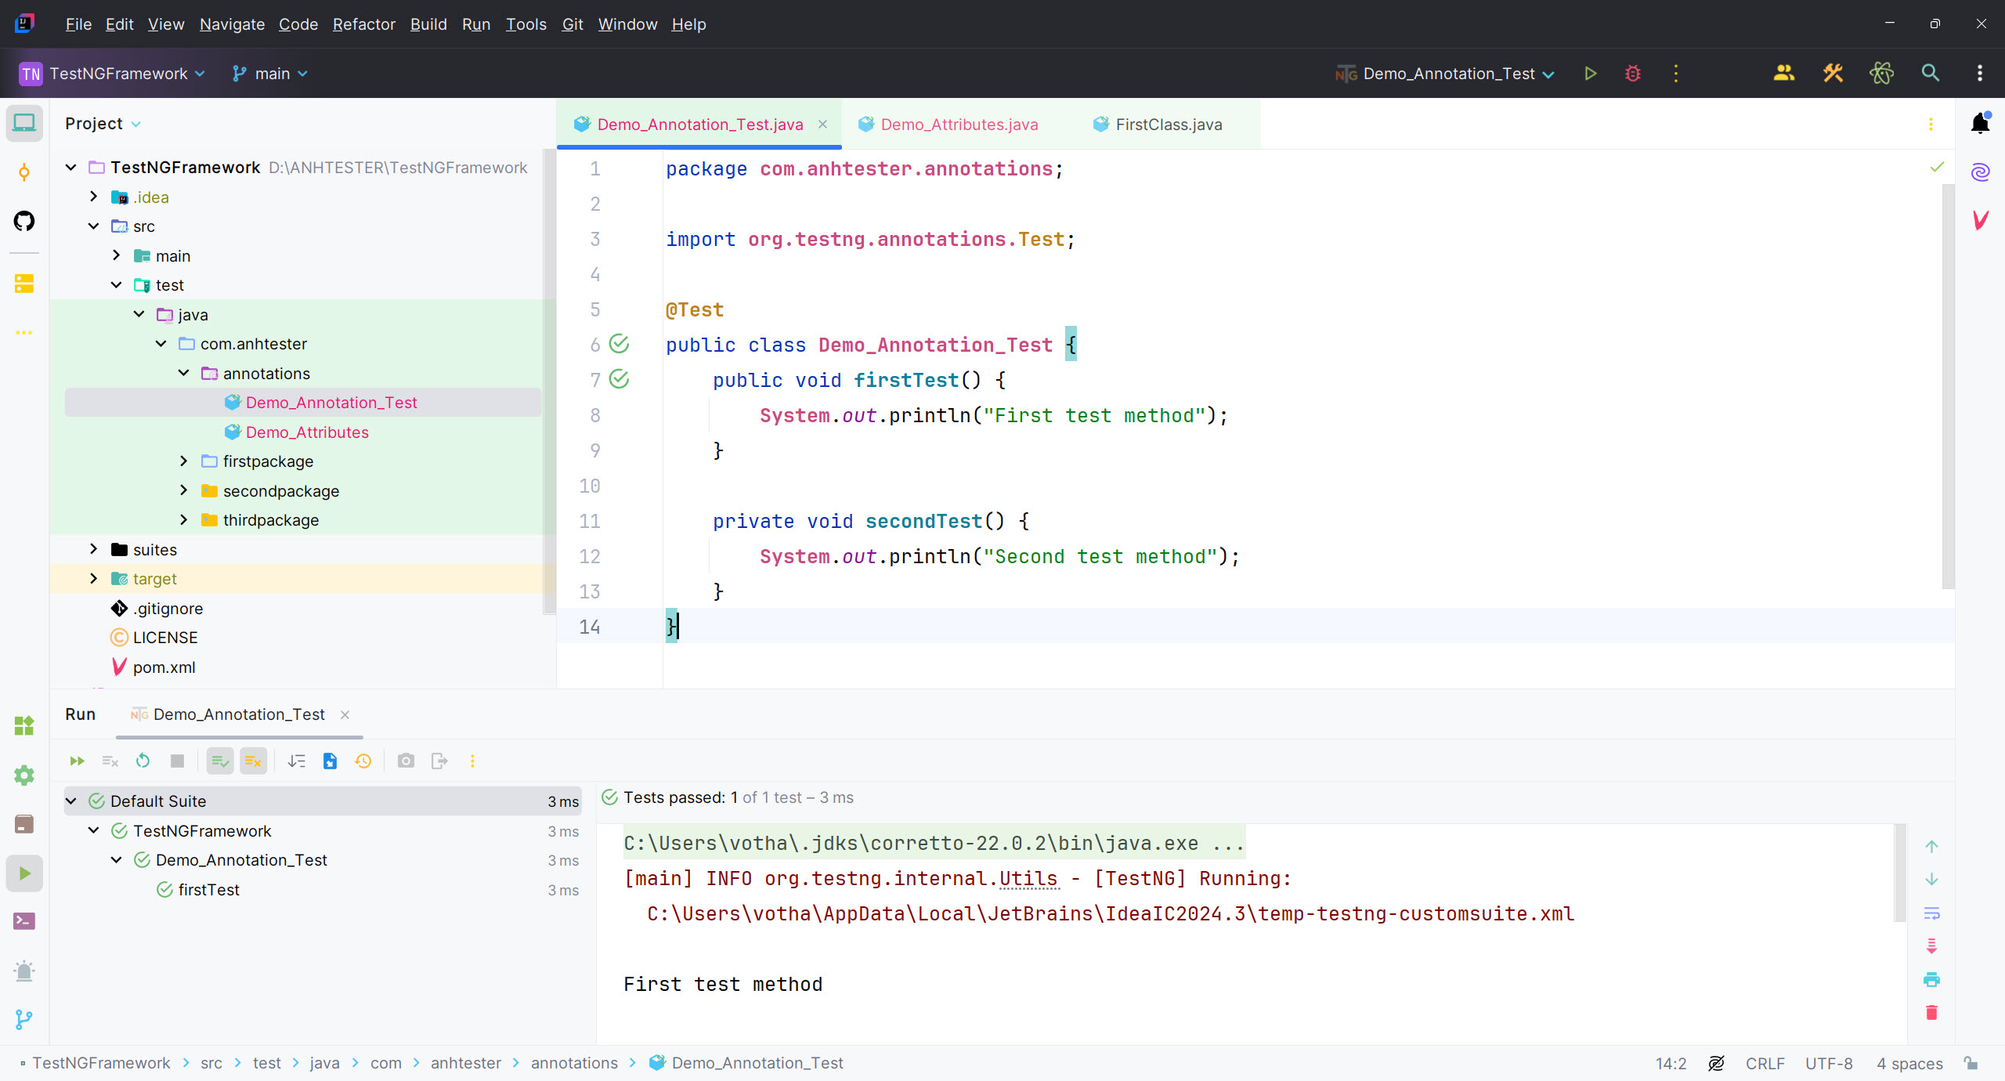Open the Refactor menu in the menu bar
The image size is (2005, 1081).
(x=363, y=24)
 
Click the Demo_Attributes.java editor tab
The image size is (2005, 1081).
(x=959, y=125)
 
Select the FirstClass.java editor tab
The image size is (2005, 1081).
(x=1168, y=125)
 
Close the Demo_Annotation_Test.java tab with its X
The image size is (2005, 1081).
(x=822, y=125)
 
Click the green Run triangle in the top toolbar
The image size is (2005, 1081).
(x=1590, y=74)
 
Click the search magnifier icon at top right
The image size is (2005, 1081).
(x=1931, y=74)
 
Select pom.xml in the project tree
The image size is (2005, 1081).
(x=164, y=667)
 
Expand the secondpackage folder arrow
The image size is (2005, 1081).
(x=183, y=490)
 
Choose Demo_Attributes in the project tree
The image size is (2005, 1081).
(x=307, y=432)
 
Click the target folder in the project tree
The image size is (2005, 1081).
(x=154, y=579)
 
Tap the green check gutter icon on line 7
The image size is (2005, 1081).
(x=619, y=379)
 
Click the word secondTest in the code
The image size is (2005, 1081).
(x=923, y=521)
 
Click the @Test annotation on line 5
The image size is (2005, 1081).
(x=694, y=310)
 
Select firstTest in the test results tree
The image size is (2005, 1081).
(x=208, y=890)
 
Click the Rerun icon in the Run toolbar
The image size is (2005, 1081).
(x=143, y=761)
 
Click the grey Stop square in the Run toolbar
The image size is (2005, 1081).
(x=177, y=761)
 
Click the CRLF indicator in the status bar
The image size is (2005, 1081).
(x=1765, y=1063)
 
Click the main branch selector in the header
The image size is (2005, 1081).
(x=270, y=74)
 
